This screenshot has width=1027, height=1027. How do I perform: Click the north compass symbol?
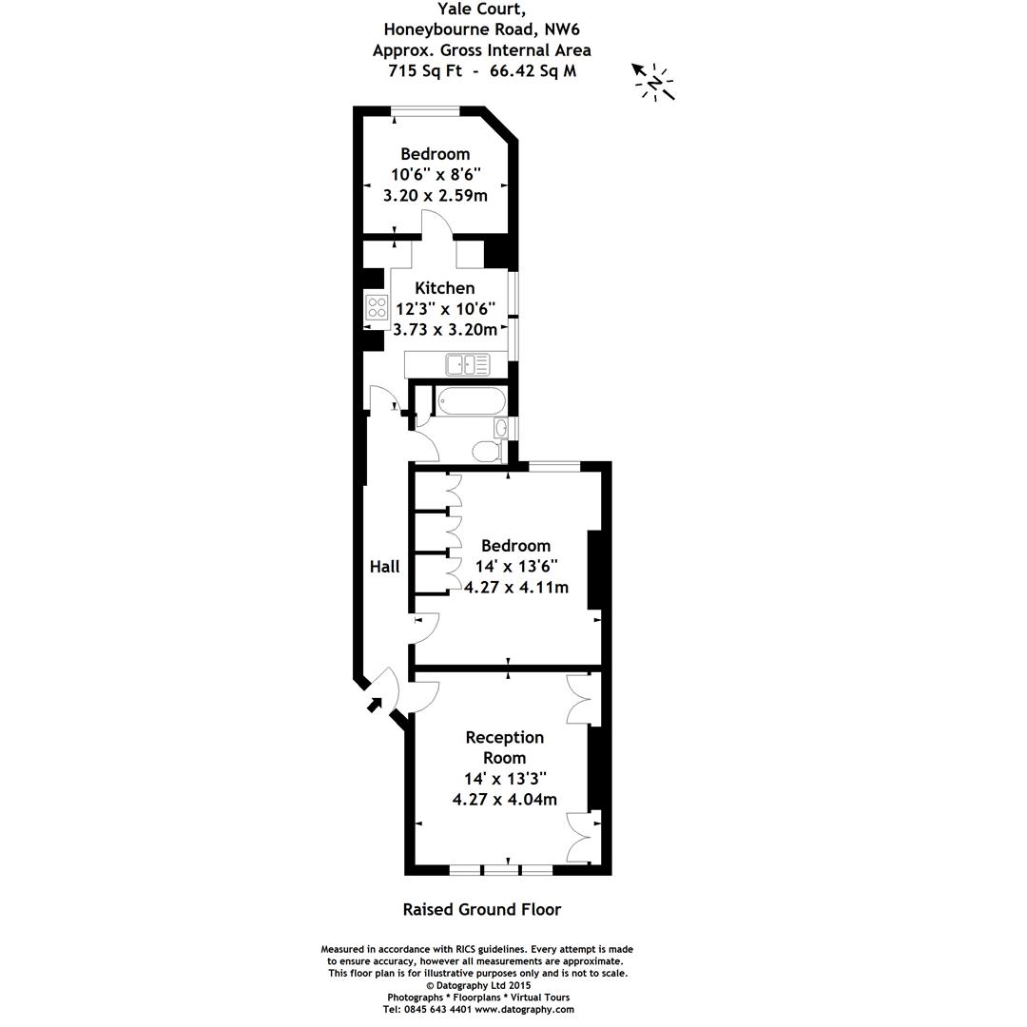pyautogui.click(x=654, y=84)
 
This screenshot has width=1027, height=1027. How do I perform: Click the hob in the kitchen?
pyautogui.click(x=377, y=307)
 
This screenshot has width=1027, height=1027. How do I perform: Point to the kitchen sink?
pyautogui.click(x=467, y=362)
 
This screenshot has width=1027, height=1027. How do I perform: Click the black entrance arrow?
pyautogui.click(x=374, y=705)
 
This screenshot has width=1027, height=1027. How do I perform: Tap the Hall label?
pyautogui.click(x=384, y=566)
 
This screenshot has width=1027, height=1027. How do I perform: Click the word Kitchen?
pyautogui.click(x=445, y=287)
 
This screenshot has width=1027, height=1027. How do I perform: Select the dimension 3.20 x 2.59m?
pyautogui.click(x=435, y=196)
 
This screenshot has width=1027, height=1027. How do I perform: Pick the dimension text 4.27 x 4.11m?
pyautogui.click(x=516, y=587)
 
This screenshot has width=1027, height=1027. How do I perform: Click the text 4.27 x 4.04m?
pyautogui.click(x=504, y=799)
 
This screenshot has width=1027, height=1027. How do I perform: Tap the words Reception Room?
pyautogui.click(x=504, y=747)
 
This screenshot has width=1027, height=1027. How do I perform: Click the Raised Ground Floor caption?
pyautogui.click(x=482, y=909)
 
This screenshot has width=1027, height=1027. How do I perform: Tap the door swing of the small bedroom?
pyautogui.click(x=435, y=226)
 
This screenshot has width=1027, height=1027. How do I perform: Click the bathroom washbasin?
pyautogui.click(x=501, y=428)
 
